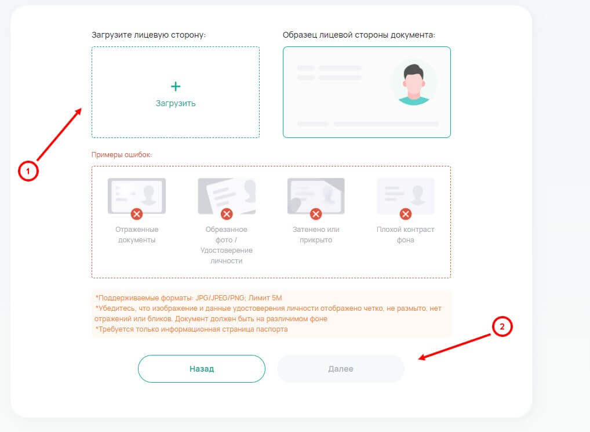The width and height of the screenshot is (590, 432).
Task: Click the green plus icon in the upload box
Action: [x=176, y=86]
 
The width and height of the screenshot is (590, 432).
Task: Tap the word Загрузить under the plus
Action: [x=176, y=103]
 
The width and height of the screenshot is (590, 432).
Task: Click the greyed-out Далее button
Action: [x=341, y=369]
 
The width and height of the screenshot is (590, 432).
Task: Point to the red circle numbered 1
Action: [x=28, y=171]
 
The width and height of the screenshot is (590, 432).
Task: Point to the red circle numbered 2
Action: [x=502, y=326]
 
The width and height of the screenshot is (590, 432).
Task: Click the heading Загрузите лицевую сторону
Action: [x=148, y=35]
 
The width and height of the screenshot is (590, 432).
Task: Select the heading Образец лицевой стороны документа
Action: [x=359, y=35]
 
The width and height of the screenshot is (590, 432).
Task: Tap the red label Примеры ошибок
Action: [x=122, y=155]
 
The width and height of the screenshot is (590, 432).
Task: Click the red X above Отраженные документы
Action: [x=137, y=214]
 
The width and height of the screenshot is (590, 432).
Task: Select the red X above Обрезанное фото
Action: [x=227, y=214]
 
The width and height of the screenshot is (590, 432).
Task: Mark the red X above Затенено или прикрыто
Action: [x=316, y=214]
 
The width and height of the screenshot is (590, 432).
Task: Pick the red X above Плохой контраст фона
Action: [x=405, y=214]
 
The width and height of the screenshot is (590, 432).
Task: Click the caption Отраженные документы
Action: [x=137, y=234]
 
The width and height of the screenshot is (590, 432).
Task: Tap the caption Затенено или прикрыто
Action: [x=316, y=234]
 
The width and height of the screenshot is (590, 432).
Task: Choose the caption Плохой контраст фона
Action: [x=405, y=234]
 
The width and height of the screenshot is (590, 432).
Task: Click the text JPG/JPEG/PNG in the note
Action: [x=220, y=298]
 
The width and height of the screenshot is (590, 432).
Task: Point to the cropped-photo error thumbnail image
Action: [x=227, y=195]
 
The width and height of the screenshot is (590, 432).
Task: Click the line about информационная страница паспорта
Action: [x=191, y=329]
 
